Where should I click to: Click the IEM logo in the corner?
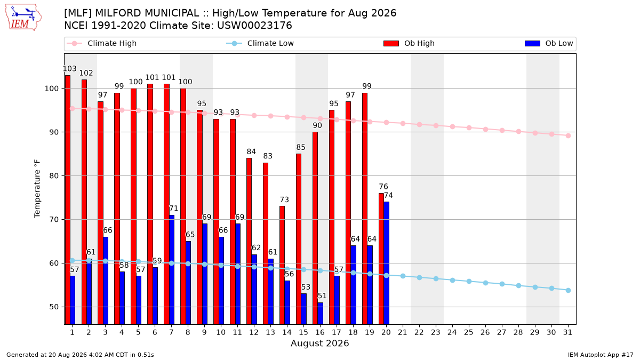click(23, 18)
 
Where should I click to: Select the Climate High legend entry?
click(101, 43)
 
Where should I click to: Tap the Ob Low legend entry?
click(549, 43)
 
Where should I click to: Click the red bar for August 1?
click(68, 199)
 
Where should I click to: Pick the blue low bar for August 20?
click(386, 263)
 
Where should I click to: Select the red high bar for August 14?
click(282, 265)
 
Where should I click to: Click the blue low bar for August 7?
click(172, 270)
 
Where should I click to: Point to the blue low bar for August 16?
click(321, 314)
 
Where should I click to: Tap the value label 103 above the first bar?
click(70, 69)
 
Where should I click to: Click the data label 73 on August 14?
click(284, 199)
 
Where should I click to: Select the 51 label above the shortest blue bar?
click(322, 295)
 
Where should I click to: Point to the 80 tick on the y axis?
click(54, 176)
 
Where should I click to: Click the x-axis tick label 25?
click(469, 333)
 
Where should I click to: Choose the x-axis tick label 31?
click(567, 333)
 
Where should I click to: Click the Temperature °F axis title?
click(37, 189)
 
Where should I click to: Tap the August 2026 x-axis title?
click(320, 343)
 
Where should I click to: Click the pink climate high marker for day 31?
click(569, 135)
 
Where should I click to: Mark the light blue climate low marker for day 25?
click(469, 282)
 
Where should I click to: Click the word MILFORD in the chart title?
click(118, 13)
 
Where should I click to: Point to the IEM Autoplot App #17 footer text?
click(601, 355)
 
